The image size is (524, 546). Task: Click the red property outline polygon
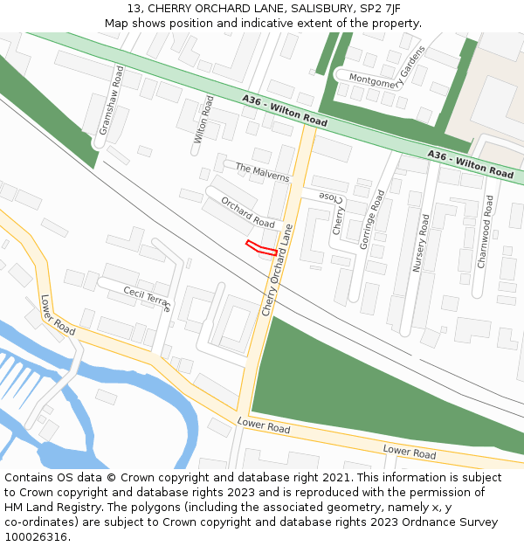click(x=261, y=248)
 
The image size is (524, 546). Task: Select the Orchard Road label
click(x=247, y=212)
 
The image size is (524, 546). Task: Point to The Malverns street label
click(x=262, y=171)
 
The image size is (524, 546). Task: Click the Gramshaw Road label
click(x=111, y=99)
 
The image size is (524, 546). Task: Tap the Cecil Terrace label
click(x=148, y=298)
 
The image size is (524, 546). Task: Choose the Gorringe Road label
click(x=371, y=219)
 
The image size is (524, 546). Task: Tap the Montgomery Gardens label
click(x=387, y=72)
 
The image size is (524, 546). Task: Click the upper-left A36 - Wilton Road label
click(x=285, y=112)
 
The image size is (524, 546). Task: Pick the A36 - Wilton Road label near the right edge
click(x=470, y=163)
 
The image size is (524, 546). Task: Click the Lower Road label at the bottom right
click(x=410, y=452)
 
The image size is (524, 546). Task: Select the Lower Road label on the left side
click(x=58, y=314)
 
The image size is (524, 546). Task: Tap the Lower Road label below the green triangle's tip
click(x=264, y=427)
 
